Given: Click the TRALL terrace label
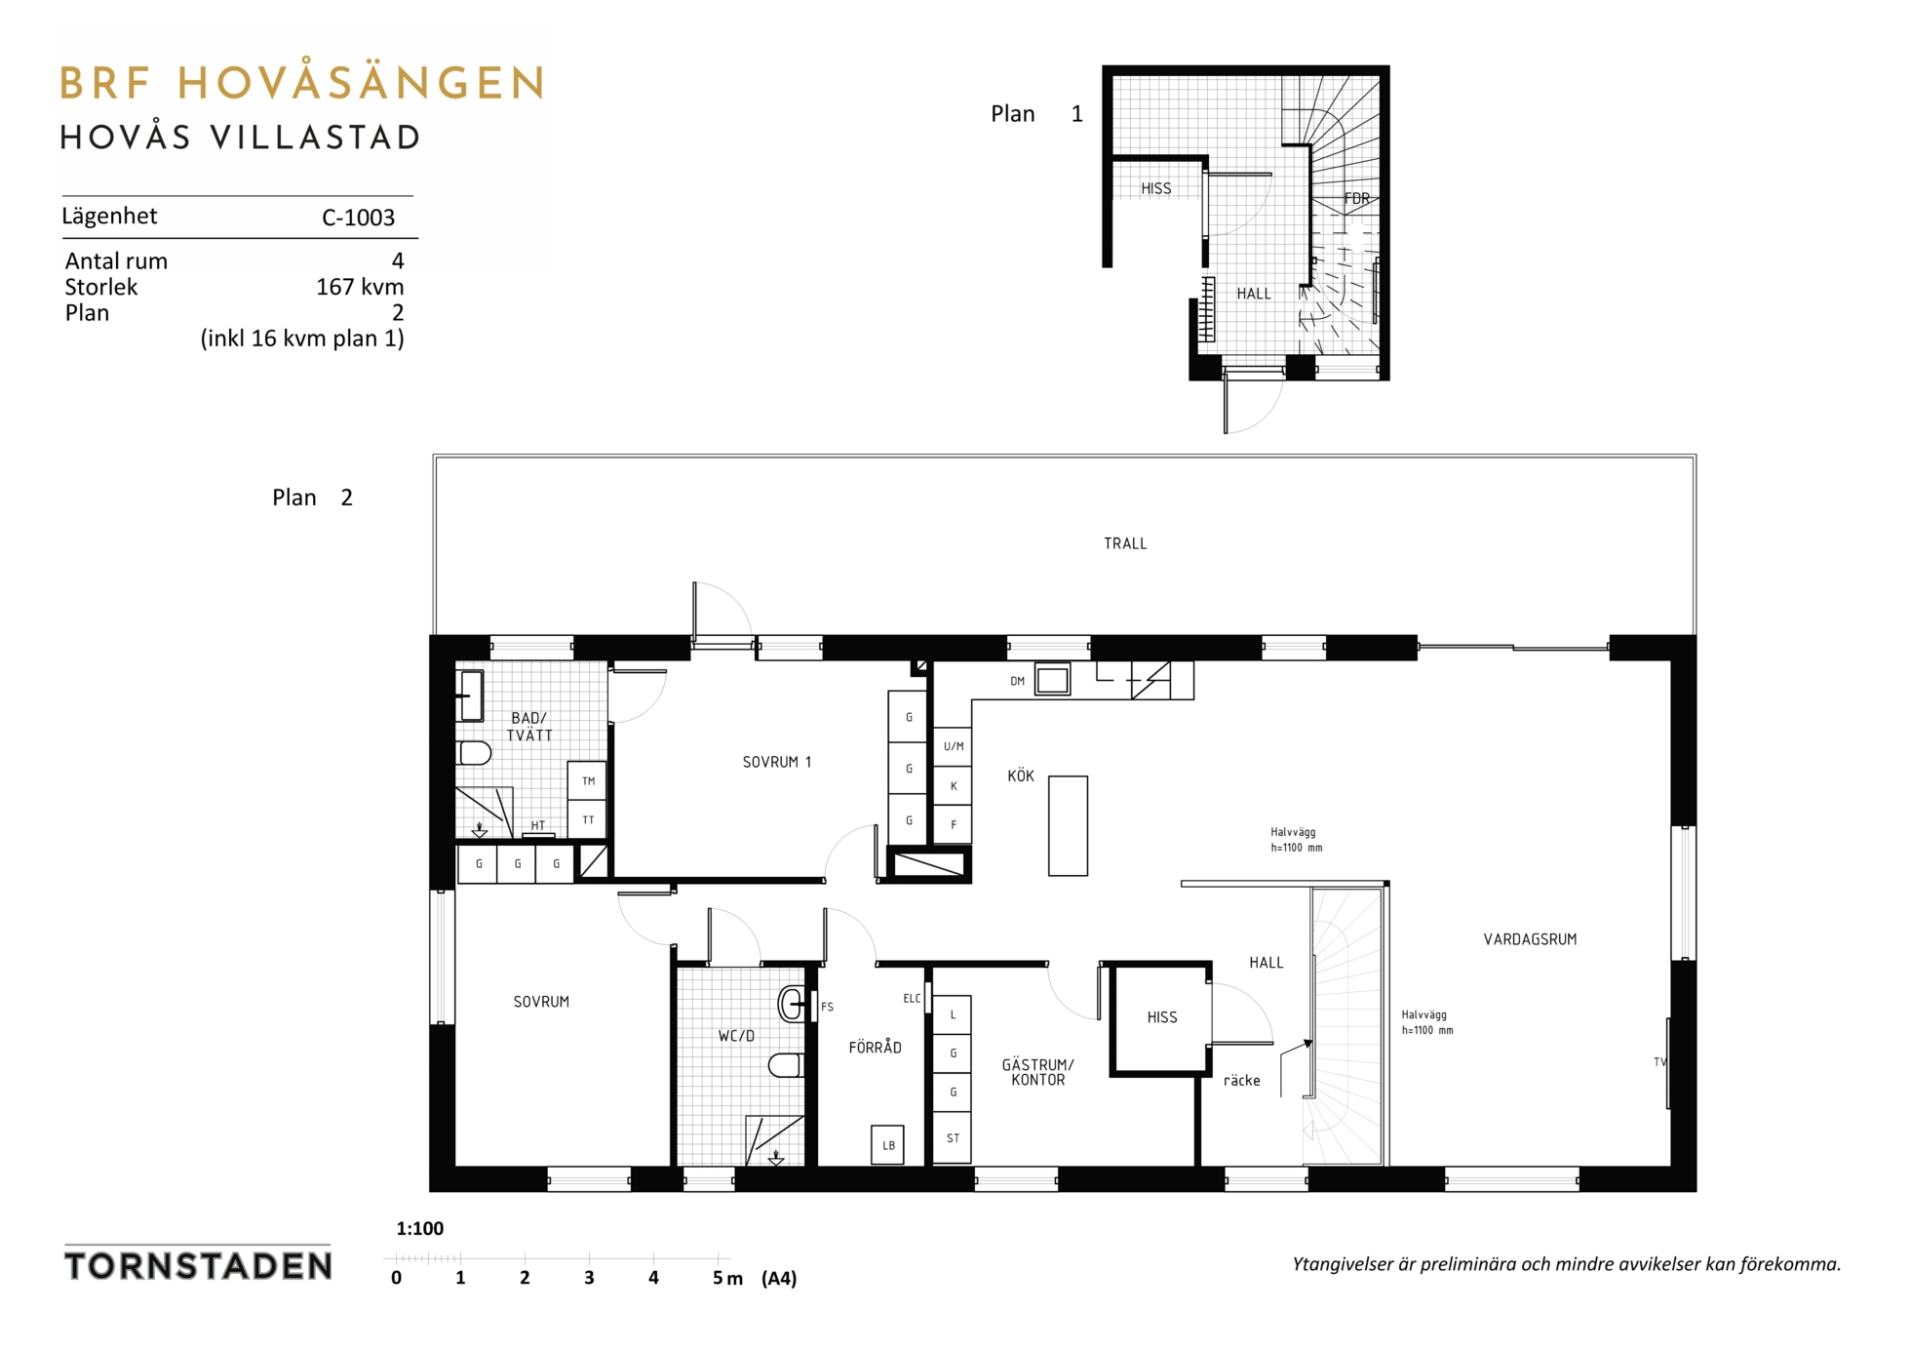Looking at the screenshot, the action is (1125, 543).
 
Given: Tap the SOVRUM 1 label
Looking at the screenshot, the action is (777, 762).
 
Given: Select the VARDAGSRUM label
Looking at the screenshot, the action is (1530, 939).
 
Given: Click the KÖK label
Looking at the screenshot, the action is (1021, 775).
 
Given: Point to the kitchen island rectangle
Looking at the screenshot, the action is (1068, 825).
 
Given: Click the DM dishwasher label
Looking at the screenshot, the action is (1017, 681).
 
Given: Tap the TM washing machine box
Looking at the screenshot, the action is (587, 780).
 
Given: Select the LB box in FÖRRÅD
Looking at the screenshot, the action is (887, 1145).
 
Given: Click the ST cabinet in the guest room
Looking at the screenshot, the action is (953, 1138).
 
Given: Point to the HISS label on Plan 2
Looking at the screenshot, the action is (1162, 1017).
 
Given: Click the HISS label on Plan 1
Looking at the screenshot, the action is (1156, 188).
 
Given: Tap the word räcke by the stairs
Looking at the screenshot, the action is (1241, 1081).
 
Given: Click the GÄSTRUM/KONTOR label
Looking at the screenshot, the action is (1037, 1072).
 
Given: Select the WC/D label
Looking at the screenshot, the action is (736, 1036).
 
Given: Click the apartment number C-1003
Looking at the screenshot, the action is (358, 218).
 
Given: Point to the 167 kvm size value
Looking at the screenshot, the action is (360, 287).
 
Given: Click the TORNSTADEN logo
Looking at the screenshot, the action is (198, 1265).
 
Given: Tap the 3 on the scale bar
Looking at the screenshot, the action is (589, 1278).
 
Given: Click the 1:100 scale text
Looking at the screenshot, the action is (420, 1229).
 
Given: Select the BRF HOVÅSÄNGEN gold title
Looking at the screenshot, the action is (301, 83).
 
